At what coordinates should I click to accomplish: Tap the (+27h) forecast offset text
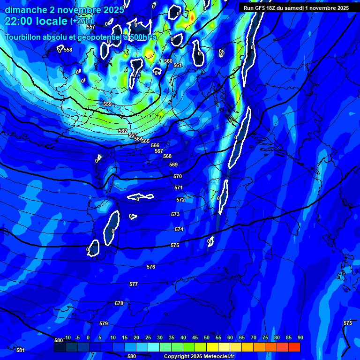pos(82,21)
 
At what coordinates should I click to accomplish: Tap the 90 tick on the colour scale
pos(300,338)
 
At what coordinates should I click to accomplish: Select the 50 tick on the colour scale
pos(206,338)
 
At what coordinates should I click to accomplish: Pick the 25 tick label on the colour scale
pos(148,338)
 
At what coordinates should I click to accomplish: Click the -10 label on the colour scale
pos(67,338)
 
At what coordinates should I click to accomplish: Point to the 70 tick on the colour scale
pos(253,338)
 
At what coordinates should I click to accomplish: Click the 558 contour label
pos(68,50)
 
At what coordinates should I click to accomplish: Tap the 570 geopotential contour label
pos(177,176)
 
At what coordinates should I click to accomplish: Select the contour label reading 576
pos(150,267)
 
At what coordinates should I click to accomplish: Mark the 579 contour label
pos(104,324)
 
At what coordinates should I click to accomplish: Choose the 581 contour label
pos(20,350)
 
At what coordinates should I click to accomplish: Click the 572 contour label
pos(180,200)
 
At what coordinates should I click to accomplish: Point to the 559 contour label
pos(107,104)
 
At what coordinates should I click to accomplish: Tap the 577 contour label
pos(134,285)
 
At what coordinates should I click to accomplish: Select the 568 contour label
pos(167,156)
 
